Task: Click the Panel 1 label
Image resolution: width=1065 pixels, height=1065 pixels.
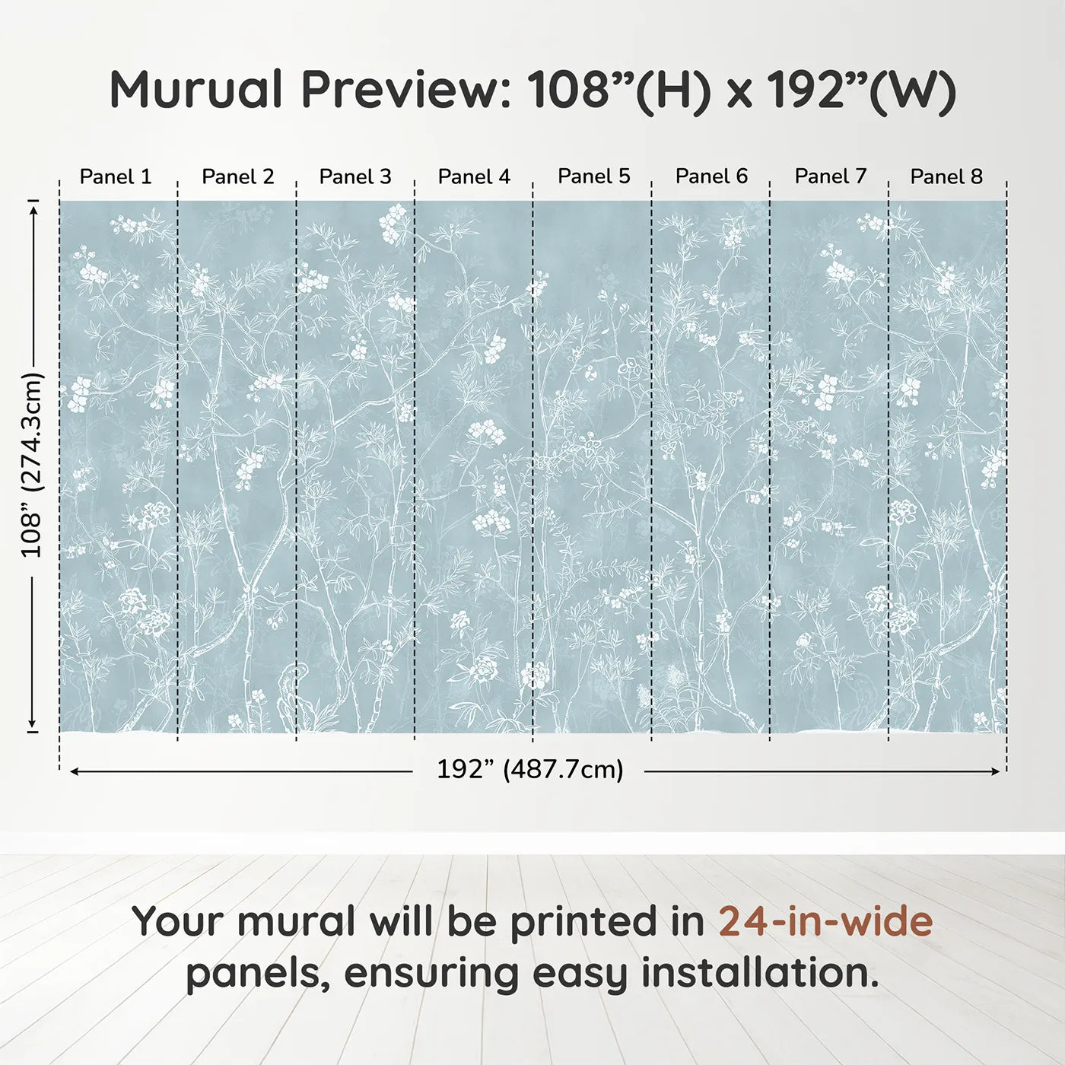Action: click(x=116, y=176)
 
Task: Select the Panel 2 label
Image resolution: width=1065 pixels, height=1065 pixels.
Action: click(x=237, y=176)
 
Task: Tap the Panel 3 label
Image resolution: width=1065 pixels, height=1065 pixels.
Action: click(x=355, y=176)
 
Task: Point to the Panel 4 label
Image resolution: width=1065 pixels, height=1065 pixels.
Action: click(x=474, y=176)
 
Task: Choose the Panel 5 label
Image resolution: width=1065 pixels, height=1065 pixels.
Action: click(x=594, y=176)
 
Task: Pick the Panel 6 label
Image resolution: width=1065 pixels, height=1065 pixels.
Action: click(x=712, y=176)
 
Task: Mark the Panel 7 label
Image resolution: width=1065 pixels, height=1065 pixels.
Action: click(x=831, y=176)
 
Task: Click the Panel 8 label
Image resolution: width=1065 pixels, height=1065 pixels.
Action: click(x=946, y=176)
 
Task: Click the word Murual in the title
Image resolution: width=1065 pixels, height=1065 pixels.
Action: click(x=196, y=90)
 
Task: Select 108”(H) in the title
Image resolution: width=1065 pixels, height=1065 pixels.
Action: click(x=619, y=90)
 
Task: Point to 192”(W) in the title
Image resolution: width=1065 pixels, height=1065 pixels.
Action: click(x=860, y=90)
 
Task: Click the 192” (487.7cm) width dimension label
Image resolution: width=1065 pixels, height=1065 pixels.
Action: click(x=529, y=770)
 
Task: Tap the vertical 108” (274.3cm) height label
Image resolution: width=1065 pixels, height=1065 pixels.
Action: click(x=32, y=465)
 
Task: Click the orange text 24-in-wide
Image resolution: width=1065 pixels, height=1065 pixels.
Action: click(x=825, y=921)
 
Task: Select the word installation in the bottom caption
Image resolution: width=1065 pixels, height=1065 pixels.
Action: click(x=759, y=973)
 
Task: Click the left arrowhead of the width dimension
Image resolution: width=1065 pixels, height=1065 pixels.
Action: click(x=74, y=771)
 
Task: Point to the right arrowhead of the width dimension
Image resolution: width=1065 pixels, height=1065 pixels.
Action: click(x=996, y=771)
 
